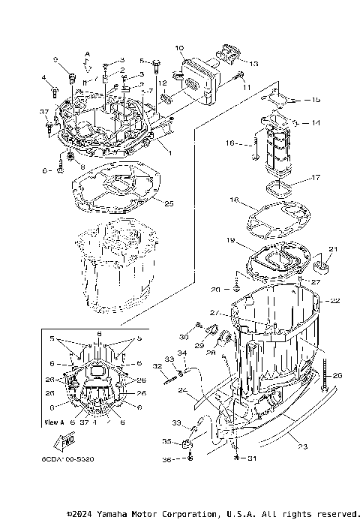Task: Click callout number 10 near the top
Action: click(x=179, y=49)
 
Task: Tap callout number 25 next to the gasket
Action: click(x=169, y=203)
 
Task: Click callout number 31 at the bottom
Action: click(x=241, y=459)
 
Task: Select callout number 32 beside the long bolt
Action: click(x=157, y=367)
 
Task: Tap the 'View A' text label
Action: click(x=54, y=422)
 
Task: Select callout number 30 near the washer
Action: click(x=183, y=336)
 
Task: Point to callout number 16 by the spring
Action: click(x=231, y=142)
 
